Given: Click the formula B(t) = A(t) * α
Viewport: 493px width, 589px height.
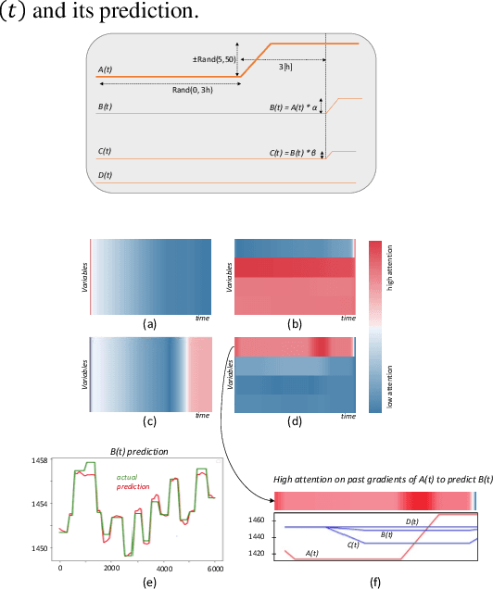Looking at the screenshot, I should pos(294,107).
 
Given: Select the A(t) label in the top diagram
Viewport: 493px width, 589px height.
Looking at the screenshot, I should pos(105,69).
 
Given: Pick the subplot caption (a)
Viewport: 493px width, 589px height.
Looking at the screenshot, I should pos(148,325).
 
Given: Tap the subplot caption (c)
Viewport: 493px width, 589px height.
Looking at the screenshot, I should pos(148,429).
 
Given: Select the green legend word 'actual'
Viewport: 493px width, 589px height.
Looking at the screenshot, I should pos(126,477).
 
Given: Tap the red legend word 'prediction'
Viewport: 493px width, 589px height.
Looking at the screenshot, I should pos(132,486).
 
